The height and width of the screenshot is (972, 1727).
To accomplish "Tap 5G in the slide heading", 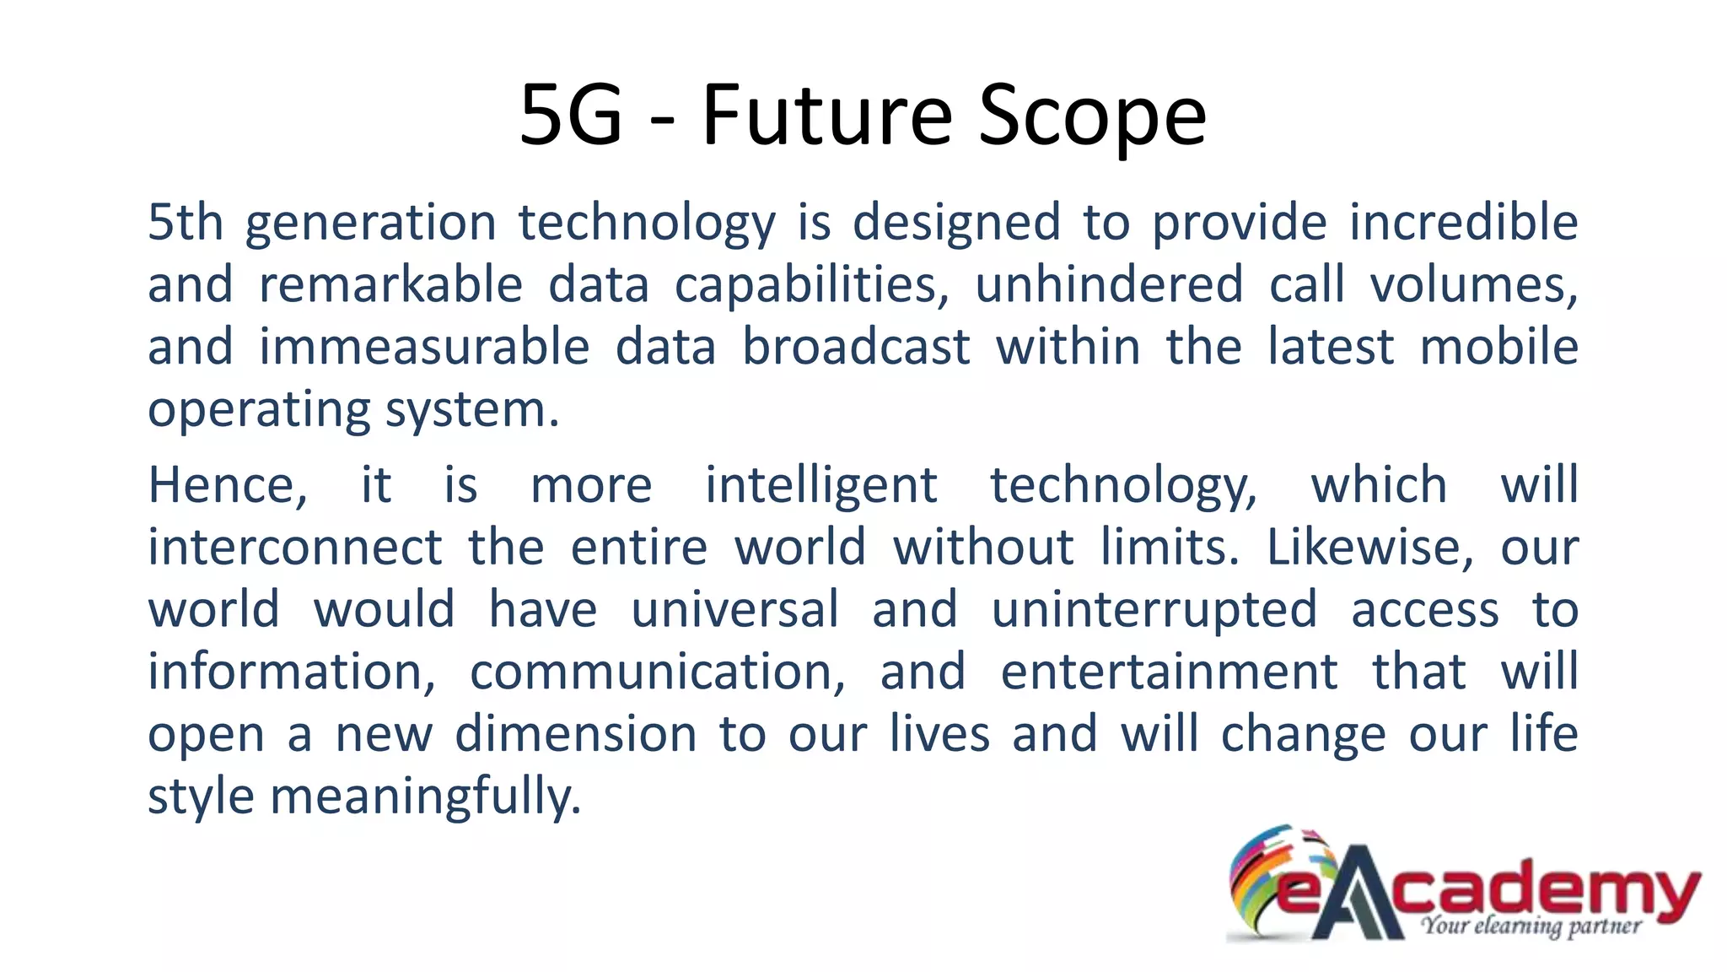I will pyautogui.click(x=571, y=116).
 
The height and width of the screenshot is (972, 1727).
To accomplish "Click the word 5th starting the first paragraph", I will pyautogui.click(x=186, y=223).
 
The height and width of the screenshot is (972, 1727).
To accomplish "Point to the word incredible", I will pyautogui.click(x=1463, y=223).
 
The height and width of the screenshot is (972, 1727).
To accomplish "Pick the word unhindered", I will pyautogui.click(x=1109, y=285).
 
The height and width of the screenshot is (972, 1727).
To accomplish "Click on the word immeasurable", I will pyautogui.click(x=424, y=348).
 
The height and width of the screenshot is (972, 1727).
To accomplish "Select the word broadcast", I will pyautogui.click(x=856, y=348).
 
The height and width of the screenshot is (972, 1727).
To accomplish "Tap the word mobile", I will pyautogui.click(x=1498, y=348).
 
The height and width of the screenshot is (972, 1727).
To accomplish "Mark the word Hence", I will pyautogui.click(x=227, y=486).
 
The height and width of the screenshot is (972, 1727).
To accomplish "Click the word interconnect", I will pyautogui.click(x=294, y=548).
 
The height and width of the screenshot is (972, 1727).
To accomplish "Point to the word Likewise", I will pyautogui.click(x=1369, y=548).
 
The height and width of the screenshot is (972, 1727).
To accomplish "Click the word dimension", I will pyautogui.click(x=576, y=735).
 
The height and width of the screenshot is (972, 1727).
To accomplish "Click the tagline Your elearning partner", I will pyautogui.click(x=1531, y=926).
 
